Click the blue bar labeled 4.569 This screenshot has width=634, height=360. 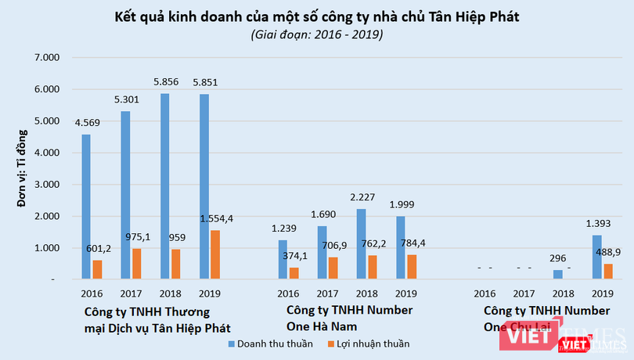point(85,207)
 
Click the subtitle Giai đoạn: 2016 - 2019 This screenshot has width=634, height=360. point(316,35)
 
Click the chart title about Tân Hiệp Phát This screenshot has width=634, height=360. point(316,16)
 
